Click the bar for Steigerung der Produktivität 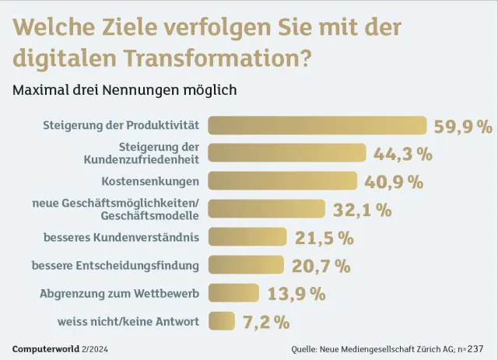coord(317,125)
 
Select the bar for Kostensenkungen coord(282,181)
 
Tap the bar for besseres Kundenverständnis coord(247,236)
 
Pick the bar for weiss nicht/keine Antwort coord(221,320)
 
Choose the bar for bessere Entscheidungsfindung coord(247,265)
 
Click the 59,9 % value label coord(463,127)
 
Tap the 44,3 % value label coord(403,154)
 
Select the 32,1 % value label coord(363,210)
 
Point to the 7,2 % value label coord(265,321)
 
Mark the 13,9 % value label coord(296,294)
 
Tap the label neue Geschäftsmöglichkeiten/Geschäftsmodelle coord(116,209)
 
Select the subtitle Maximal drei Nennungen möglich coord(124,89)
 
